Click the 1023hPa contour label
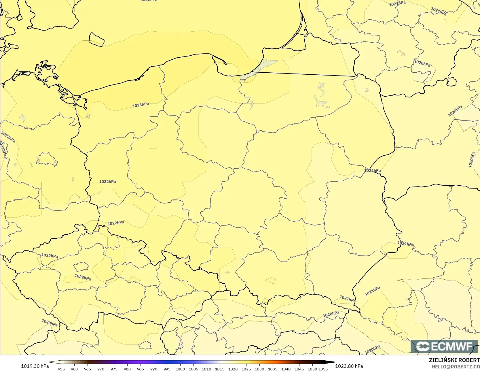click(141, 105)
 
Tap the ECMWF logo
click(444, 346)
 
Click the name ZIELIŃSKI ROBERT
click(454, 360)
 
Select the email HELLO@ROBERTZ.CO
click(456, 367)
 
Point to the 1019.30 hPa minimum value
click(35, 366)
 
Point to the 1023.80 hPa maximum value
click(349, 366)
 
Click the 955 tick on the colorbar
click(61, 369)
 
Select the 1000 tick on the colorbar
click(180, 369)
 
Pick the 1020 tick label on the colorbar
click(233, 369)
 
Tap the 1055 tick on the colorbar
click(323, 369)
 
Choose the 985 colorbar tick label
click(141, 369)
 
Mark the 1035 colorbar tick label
click(273, 369)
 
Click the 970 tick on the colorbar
click(101, 369)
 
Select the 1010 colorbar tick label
click(206, 369)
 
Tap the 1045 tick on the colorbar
click(299, 369)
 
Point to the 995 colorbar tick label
click(167, 369)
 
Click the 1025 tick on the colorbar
click(246, 369)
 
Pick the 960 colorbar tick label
click(74, 369)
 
